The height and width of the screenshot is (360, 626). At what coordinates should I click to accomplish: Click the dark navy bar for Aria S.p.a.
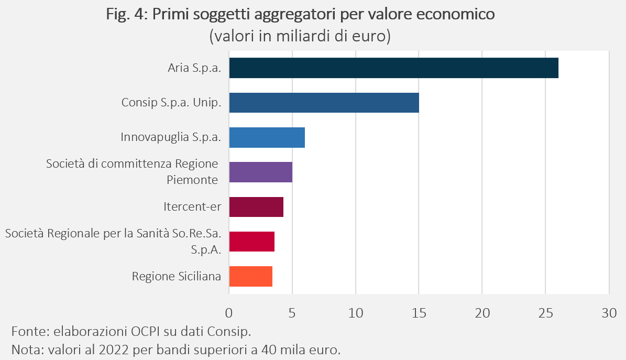[393, 68]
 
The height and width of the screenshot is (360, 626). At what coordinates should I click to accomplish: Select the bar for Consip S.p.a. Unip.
[324, 103]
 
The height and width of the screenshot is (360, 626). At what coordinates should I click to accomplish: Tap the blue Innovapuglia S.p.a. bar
[267, 137]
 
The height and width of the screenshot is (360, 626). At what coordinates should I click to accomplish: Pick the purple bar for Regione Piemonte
[261, 172]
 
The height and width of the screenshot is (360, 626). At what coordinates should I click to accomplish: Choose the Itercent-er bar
[256, 207]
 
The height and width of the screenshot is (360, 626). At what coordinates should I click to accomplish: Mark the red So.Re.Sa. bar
[252, 242]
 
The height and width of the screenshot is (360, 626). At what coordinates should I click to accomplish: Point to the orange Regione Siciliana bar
[251, 277]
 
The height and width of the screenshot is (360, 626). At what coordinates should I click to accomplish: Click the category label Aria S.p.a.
[194, 68]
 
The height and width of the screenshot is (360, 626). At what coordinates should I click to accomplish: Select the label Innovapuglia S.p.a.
[171, 137]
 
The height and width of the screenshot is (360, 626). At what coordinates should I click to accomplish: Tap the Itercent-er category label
[192, 206]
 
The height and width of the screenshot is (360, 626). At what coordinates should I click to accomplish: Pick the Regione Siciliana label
[177, 276]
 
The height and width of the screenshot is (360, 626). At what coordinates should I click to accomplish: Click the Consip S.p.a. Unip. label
[171, 103]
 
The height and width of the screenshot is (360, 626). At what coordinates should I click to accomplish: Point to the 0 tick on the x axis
[229, 313]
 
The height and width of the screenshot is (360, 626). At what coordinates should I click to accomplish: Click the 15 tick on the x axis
[419, 313]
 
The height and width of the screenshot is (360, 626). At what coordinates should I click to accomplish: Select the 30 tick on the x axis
[609, 313]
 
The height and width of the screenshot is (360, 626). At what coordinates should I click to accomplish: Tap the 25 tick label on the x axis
[546, 313]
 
